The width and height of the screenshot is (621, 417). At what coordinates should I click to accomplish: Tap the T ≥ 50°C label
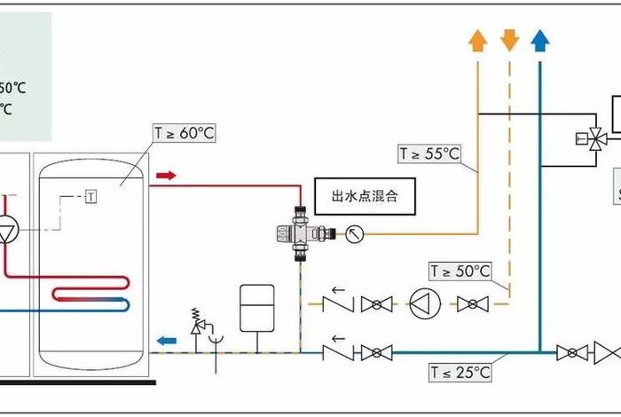click(x=460, y=270)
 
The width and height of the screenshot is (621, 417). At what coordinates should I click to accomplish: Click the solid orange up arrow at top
click(x=477, y=39)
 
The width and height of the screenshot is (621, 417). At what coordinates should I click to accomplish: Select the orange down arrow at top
click(x=509, y=39)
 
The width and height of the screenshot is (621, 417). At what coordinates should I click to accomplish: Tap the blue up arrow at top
click(x=538, y=39)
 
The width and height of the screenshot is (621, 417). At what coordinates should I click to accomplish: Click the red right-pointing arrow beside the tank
click(x=166, y=176)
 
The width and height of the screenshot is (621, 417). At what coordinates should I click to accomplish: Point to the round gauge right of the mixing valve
click(x=355, y=234)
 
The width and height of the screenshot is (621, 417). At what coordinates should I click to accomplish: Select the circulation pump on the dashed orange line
click(x=425, y=304)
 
